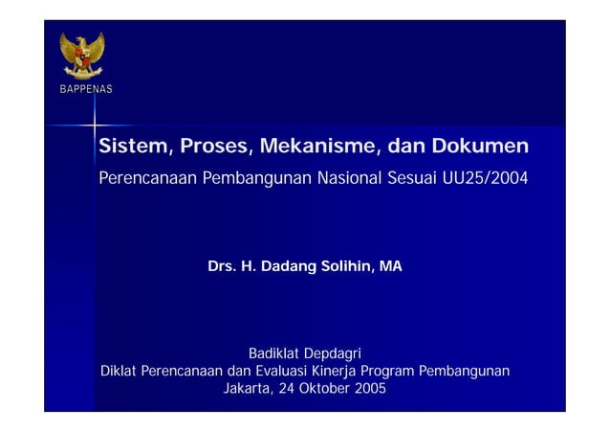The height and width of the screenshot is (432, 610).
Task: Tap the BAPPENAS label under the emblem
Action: click(x=82, y=89)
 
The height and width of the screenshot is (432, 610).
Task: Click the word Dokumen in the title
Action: click(x=479, y=148)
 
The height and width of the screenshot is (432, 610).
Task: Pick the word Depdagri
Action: click(x=333, y=354)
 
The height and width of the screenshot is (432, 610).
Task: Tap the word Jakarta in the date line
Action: click(x=245, y=389)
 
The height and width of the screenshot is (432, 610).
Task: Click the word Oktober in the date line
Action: click(x=322, y=389)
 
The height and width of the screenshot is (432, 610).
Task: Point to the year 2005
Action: click(x=371, y=389)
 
